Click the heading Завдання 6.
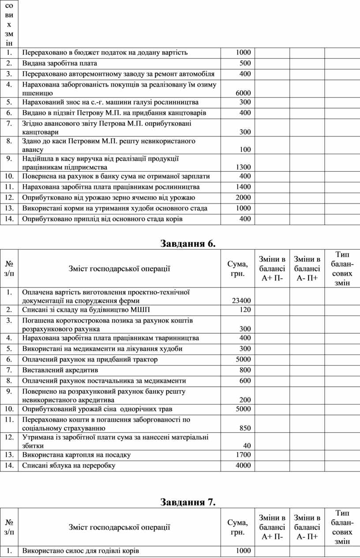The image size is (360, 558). point(188,244)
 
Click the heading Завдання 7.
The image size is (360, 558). point(188,502)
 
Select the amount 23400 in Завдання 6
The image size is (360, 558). point(241,301)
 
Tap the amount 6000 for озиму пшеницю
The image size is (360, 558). point(243,93)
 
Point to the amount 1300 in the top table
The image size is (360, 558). point(243,167)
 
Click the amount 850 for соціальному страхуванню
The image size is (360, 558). point(245,428)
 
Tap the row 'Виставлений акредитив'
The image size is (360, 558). point(60,370)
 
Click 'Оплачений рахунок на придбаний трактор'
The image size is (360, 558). point(90,359)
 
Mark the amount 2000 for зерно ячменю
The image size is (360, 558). point(243,198)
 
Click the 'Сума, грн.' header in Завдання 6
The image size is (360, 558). point(237,268)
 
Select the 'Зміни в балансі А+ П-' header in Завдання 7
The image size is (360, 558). point(272,527)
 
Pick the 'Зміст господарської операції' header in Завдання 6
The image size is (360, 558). point(119,268)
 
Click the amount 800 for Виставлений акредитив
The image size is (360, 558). point(245,370)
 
